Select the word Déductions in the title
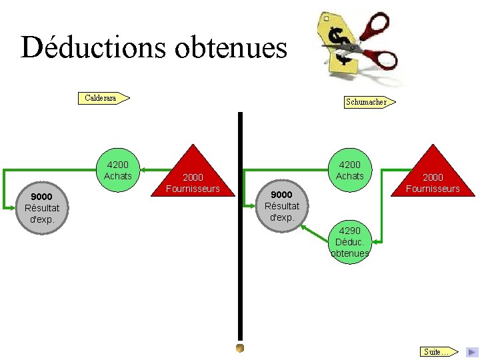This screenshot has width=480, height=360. coord(92,48)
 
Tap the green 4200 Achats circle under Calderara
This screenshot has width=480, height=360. coord(118,170)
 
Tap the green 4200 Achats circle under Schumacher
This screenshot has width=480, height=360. coord(350,170)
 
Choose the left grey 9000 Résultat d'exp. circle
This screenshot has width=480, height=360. coord(42,207)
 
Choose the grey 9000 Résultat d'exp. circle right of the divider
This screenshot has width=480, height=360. coord(282,205)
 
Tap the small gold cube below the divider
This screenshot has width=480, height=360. coord(240,348)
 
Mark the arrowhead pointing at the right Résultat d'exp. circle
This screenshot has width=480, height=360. coord(304,227)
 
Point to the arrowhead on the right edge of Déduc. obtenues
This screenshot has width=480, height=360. coord(375,241)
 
